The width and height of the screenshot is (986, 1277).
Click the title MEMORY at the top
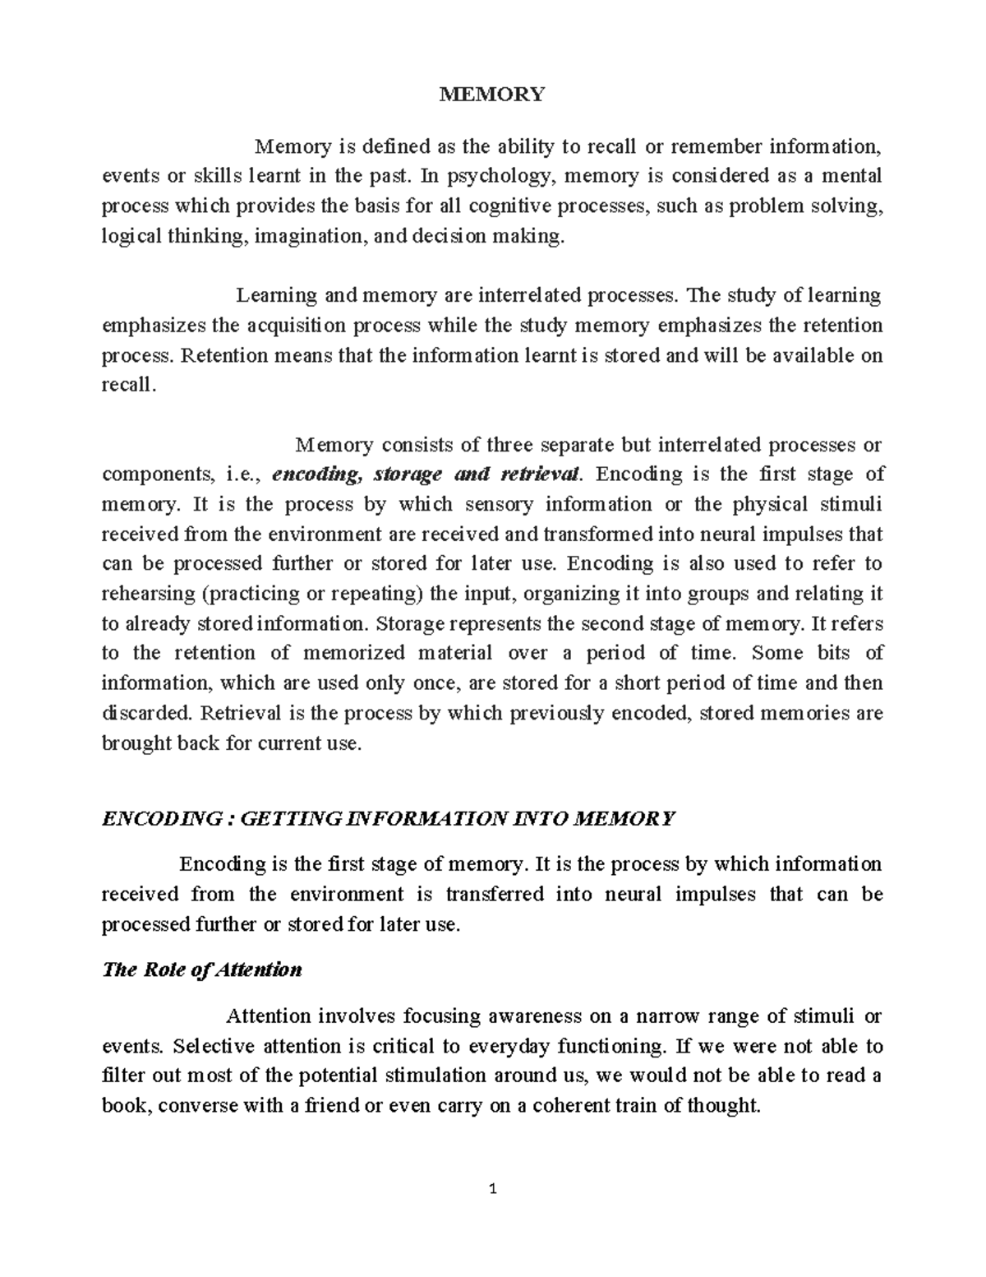click(x=492, y=94)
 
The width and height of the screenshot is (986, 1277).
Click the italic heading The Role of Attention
click(x=201, y=969)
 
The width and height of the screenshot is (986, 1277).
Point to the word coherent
click(x=563, y=1105)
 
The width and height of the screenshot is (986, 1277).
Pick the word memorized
click(x=356, y=653)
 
